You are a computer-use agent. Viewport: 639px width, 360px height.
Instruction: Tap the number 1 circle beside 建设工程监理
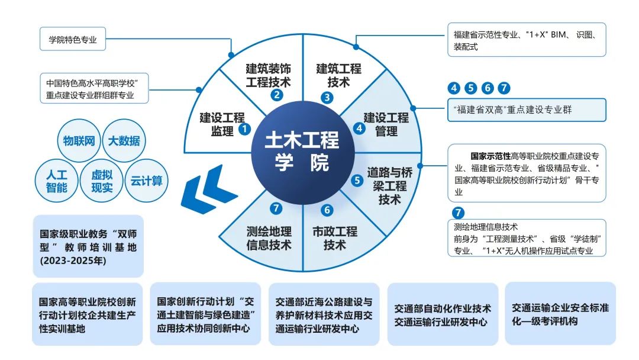(244, 127)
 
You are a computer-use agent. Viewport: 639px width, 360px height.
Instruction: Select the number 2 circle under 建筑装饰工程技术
(276, 94)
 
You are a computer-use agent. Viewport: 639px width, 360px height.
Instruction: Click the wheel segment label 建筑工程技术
(338, 75)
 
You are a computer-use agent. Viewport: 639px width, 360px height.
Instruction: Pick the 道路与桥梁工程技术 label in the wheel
(390, 185)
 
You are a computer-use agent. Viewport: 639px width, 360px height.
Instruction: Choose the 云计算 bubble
(147, 181)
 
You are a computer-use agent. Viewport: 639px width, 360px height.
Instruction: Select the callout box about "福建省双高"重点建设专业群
(527, 110)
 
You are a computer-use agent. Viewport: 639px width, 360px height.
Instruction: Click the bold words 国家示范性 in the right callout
(490, 156)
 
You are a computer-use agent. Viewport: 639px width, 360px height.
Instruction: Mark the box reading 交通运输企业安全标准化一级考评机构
(560, 314)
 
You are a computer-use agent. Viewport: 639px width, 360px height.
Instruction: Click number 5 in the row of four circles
(470, 89)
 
